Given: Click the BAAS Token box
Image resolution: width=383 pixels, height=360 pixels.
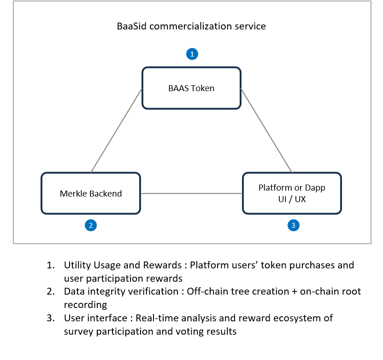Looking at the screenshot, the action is tap(192, 88).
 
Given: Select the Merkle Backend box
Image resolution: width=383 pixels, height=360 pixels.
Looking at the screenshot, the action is tap(91, 193).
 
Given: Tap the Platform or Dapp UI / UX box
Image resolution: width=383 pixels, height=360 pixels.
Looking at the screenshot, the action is tap(292, 193).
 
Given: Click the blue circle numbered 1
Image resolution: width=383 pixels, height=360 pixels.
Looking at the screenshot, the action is tap(192, 54).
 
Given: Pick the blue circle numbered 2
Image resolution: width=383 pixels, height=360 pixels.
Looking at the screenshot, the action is tap(91, 225).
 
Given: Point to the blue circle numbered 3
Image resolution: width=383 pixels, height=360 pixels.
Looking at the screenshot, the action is tap(293, 225).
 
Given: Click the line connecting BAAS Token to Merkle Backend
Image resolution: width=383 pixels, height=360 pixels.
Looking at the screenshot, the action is tap(117, 130).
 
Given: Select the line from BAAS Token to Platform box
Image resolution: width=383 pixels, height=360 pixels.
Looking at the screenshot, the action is tap(266, 130).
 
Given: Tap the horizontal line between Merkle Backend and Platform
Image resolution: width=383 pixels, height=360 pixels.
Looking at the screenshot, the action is tap(192, 193).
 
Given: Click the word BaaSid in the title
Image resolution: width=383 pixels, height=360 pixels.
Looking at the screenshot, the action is tap(132, 26).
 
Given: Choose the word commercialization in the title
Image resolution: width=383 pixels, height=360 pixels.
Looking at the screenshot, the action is tap(190, 26).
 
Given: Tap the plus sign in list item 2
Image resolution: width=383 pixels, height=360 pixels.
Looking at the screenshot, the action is tap(295, 292).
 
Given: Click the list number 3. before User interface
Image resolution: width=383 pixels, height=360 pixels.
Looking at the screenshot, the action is tap(51, 318).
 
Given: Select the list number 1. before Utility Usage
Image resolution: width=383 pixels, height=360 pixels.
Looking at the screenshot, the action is tap(51, 265).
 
